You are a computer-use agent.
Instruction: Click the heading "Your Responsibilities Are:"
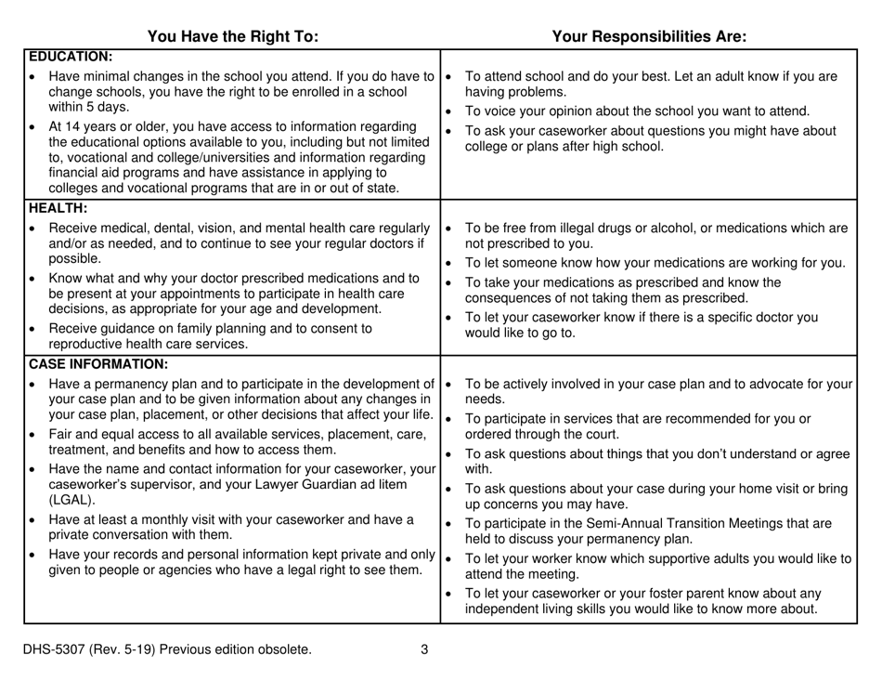(x=650, y=37)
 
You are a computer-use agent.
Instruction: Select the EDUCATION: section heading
(x=71, y=56)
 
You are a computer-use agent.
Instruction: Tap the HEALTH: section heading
(x=58, y=207)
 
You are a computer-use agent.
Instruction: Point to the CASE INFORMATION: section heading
(x=97, y=363)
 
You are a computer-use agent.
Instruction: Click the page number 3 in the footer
(x=423, y=649)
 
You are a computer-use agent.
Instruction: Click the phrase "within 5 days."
(x=87, y=107)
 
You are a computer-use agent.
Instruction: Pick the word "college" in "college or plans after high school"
(x=488, y=146)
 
